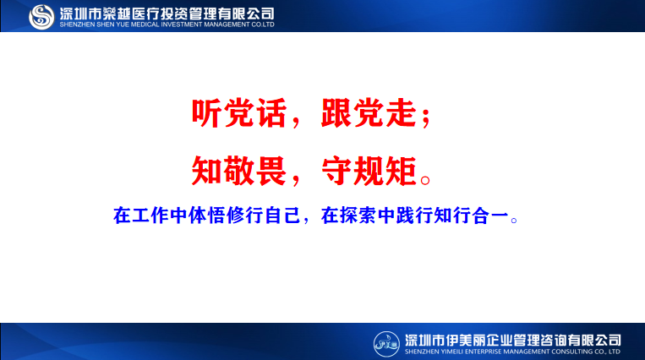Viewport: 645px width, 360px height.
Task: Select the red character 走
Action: pos(402,114)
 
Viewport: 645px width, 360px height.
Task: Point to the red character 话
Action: pos(272,114)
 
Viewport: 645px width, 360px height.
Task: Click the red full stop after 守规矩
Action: pos(427,179)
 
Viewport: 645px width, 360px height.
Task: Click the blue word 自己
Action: pos(283,215)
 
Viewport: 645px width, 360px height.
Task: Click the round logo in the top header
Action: pos(42,16)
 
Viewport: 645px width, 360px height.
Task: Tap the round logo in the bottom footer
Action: pos(387,342)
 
